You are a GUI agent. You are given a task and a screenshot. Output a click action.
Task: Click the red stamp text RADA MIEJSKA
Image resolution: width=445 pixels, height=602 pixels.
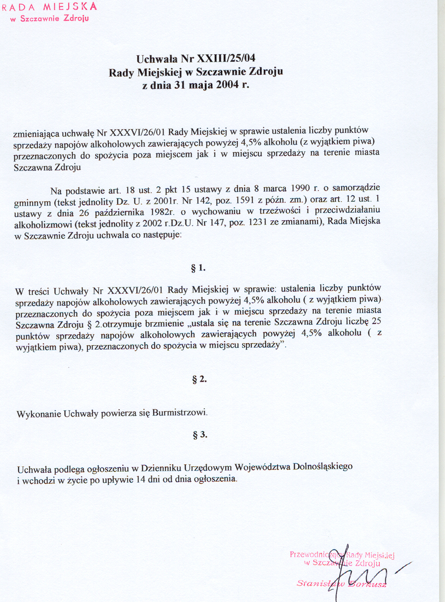tap(49, 7)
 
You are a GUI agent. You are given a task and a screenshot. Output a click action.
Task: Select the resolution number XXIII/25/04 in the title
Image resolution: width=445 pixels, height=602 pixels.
tap(226, 59)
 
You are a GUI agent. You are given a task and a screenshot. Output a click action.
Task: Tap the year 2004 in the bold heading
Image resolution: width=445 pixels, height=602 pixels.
tap(227, 84)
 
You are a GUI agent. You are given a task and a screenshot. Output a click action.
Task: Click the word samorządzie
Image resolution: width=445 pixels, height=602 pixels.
tap(356, 188)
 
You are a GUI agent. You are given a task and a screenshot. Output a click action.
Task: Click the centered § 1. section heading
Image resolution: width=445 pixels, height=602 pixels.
tap(198, 268)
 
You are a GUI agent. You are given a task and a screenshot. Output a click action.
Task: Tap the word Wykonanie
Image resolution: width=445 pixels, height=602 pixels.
tap(39, 414)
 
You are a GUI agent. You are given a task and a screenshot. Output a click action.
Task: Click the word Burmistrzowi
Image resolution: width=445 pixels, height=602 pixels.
tap(180, 412)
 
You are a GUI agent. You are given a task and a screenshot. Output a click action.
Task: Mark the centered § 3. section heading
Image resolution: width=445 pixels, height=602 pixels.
tap(200, 435)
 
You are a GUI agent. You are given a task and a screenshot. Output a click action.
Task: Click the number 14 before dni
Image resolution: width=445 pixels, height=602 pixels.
tap(141, 480)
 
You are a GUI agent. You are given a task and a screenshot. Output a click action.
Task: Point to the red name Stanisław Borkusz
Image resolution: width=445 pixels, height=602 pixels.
tap(342, 583)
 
